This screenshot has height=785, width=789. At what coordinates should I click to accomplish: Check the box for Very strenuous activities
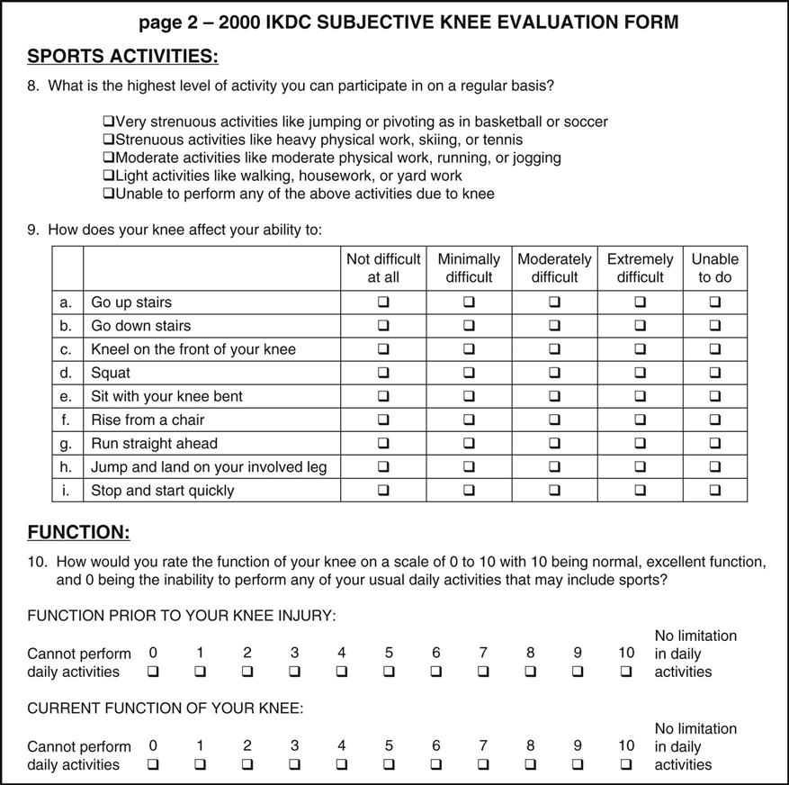tap(109, 122)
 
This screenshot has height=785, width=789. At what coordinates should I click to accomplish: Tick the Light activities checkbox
tap(109, 176)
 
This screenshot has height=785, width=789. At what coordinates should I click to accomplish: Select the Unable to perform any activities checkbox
tap(109, 194)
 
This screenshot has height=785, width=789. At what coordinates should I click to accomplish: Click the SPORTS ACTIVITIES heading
tap(122, 57)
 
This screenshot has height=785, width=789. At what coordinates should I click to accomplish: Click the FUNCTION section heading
tap(78, 532)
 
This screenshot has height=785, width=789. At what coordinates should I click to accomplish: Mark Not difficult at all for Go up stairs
tap(383, 302)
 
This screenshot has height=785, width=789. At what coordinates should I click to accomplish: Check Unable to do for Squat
tap(715, 373)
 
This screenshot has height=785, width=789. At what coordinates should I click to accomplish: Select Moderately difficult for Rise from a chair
tap(554, 420)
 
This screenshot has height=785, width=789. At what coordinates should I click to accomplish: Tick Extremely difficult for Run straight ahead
tap(640, 443)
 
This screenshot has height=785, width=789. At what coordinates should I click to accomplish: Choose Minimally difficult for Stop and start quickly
tap(469, 491)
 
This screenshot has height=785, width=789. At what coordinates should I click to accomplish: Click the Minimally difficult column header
tap(469, 267)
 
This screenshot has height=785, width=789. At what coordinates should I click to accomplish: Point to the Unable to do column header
tap(715, 267)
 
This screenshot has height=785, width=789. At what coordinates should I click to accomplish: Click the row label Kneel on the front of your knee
tap(193, 349)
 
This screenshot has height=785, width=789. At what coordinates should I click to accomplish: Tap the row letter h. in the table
tap(67, 466)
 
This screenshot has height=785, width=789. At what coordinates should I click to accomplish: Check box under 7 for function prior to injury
tap(483, 672)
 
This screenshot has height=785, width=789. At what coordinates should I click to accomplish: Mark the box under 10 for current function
tap(626, 764)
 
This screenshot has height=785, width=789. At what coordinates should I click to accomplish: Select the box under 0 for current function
tap(153, 764)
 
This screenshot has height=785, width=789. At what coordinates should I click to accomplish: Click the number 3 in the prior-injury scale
tap(294, 653)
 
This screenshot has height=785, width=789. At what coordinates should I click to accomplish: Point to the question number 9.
tap(32, 230)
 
